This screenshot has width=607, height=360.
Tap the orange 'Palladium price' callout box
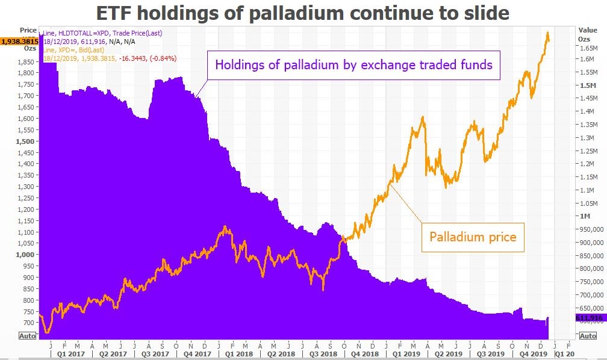tap(473, 237)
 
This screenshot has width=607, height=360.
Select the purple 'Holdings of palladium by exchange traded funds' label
tap(354, 64)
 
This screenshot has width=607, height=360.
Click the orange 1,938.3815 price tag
tap(19, 41)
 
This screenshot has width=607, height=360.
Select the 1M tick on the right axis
tap(585, 216)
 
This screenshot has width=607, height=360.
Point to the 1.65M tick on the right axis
tap(588, 48)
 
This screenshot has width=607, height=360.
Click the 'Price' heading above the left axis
tap(28, 29)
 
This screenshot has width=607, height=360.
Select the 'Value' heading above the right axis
tap(587, 29)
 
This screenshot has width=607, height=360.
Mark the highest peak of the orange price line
tap(547, 33)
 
